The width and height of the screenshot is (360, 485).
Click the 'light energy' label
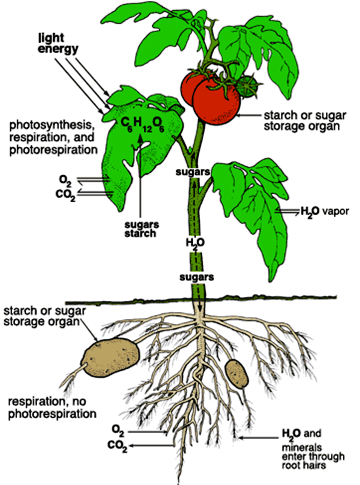tap(58, 43)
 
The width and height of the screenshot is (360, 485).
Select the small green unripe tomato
tap(247, 86)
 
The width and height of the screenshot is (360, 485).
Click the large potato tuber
tap(110, 357)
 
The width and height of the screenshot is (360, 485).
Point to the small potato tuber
tap(236, 374)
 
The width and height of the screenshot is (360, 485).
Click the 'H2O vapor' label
tap(325, 211)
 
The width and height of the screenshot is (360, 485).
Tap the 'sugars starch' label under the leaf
tap(140, 229)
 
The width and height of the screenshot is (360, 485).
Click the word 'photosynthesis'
tap(50, 126)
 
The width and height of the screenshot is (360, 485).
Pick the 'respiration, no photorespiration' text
tap(52, 408)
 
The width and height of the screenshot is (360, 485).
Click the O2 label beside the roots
tap(118, 431)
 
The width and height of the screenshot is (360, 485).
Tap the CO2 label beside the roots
tap(117, 446)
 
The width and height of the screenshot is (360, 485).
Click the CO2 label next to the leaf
tap(65, 194)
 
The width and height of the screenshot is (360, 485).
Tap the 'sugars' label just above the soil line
tap(197, 277)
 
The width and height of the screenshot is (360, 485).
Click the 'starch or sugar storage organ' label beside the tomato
tap(305, 121)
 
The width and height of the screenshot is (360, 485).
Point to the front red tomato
tap(217, 99)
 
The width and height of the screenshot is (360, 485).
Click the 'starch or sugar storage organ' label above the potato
tap(44, 316)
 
